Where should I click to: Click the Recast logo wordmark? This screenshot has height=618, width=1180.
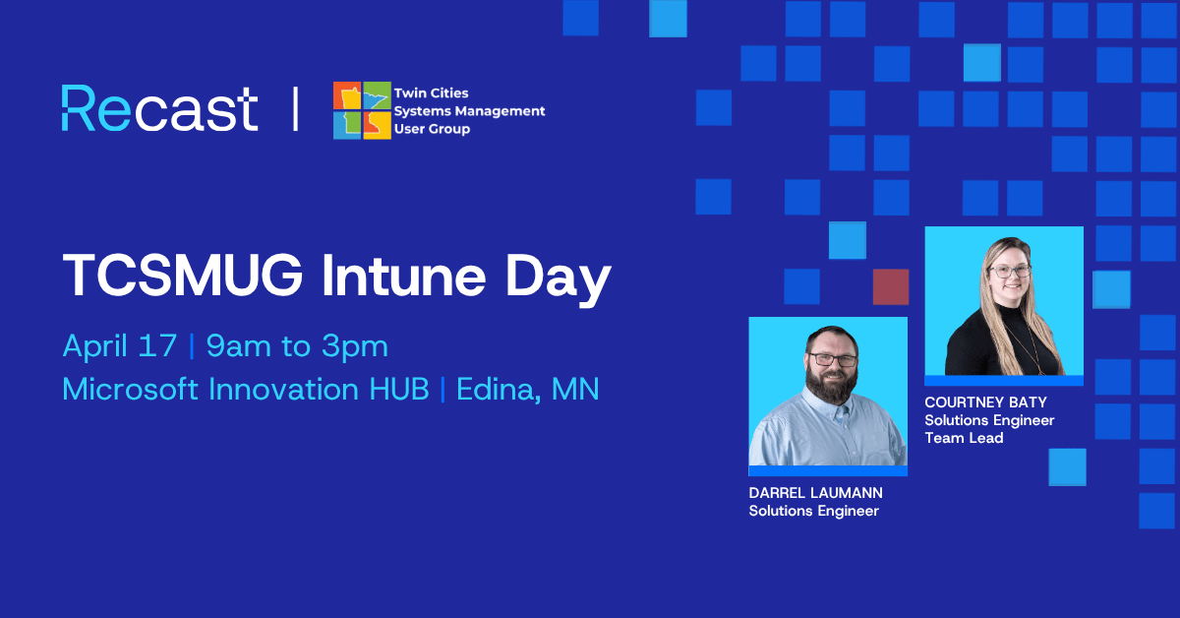159,108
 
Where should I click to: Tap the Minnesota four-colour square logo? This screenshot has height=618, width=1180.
362,110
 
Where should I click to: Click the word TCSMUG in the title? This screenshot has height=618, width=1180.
183,276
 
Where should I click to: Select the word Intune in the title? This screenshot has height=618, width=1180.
403,276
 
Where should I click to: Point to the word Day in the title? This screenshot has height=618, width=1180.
559,279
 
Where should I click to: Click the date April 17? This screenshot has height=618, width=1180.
120,346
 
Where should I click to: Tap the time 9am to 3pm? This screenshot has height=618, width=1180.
297,346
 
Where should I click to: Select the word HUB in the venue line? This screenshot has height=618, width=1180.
399,389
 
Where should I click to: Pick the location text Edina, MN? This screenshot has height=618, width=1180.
528,391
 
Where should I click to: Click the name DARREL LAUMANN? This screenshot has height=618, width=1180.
815,493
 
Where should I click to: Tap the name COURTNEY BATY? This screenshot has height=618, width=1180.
985,402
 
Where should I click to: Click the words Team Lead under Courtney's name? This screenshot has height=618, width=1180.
964,438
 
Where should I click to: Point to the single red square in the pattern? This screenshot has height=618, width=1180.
891,286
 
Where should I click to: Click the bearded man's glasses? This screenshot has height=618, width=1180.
833,360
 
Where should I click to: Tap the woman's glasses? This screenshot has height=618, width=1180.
1010,271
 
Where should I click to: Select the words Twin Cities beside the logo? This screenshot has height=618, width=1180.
431,93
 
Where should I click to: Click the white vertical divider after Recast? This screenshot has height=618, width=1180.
296,108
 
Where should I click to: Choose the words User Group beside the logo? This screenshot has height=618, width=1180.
432,129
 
